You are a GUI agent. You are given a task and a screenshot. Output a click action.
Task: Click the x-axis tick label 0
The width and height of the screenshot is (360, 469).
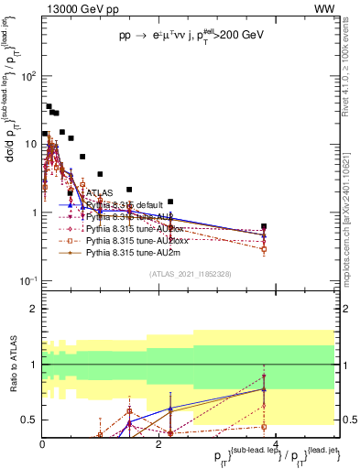tap(43, 443)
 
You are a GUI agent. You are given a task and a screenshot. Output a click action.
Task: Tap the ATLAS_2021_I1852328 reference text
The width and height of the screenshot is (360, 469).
tap(190, 274)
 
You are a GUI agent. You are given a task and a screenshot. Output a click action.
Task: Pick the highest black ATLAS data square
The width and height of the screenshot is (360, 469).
tap(49, 106)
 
